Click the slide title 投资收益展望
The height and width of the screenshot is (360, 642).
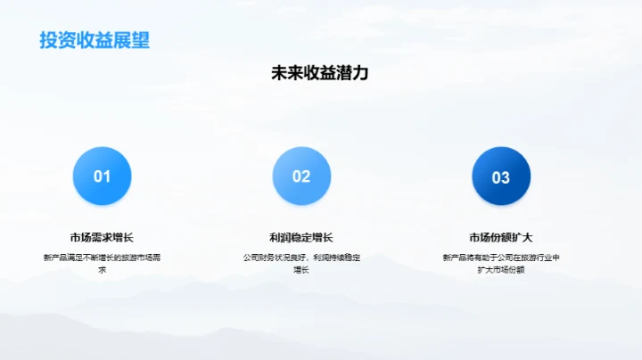pos(94,40)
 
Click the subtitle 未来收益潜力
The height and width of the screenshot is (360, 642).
pos(319,74)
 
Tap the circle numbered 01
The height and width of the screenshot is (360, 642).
pos(103,176)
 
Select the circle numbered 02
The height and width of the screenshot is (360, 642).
pos(301,176)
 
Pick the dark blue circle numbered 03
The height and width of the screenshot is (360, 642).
pos(500,176)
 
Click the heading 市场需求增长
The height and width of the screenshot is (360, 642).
pos(102,237)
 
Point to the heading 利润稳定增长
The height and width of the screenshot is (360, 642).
pos(301,237)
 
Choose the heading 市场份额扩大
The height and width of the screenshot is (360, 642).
pos(500,237)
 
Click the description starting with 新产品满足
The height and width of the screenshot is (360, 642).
pos(102,258)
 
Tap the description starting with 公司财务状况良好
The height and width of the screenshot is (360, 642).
pos(301,258)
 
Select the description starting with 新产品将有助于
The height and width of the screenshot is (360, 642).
pos(500,258)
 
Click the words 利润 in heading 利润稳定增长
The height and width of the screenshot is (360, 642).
pos(280,237)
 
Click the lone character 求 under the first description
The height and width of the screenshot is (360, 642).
pos(102,269)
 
